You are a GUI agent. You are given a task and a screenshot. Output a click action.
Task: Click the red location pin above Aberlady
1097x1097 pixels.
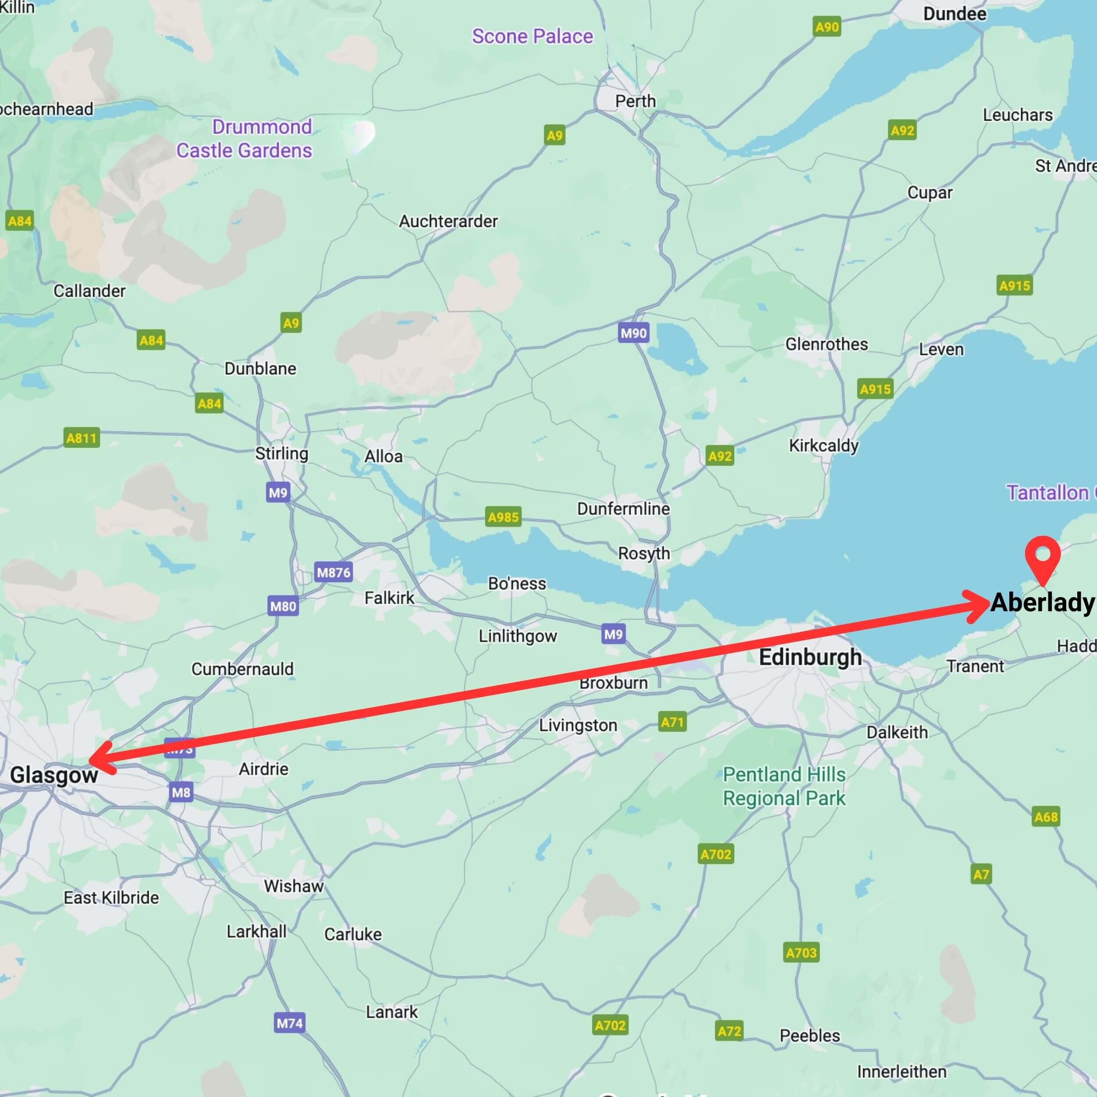coord(1043,556)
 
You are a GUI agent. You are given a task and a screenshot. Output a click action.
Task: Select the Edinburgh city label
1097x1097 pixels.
coord(810,657)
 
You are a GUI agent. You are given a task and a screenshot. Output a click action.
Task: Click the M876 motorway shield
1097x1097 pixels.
coord(333,572)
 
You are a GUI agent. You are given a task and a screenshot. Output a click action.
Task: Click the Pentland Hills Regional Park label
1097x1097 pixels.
coord(784,786)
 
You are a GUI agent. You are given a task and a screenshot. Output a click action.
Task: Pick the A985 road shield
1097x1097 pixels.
coord(503,517)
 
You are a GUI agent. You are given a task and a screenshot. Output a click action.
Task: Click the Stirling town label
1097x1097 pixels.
coord(281,453)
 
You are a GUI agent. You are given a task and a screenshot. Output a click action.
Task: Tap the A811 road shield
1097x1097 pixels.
coord(82,438)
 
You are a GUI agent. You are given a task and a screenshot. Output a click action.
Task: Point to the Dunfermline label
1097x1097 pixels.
coord(623,508)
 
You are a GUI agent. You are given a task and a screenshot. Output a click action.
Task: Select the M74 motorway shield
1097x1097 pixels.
coord(290,1023)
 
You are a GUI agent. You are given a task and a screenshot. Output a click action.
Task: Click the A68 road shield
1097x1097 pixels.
coord(1046,817)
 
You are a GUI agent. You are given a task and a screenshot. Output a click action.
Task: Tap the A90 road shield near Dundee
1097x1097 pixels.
coord(827,27)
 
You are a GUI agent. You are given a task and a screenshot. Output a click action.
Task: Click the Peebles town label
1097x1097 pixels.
coord(809,1035)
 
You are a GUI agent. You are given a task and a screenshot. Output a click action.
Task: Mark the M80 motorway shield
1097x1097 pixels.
coord(283,606)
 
